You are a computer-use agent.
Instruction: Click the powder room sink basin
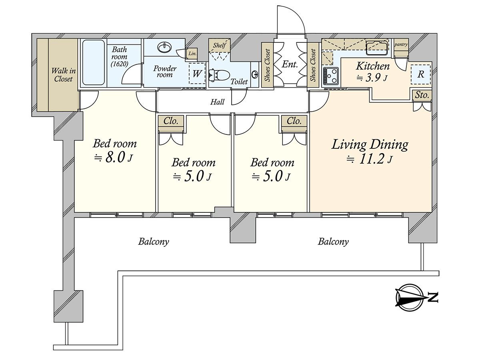click(164, 47)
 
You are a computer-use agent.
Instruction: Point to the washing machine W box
click(197, 74)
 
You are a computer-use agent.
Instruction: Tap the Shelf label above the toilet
click(220, 45)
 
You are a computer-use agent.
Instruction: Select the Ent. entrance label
click(290, 64)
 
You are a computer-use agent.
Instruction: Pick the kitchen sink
click(376, 48)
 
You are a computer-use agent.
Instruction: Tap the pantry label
click(401, 44)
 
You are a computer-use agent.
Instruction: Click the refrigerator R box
click(421, 74)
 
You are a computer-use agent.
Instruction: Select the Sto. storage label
click(422, 95)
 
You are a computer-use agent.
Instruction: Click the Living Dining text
click(370, 144)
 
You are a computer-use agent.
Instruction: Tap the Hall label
click(218, 102)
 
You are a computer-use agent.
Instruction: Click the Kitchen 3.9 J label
click(372, 71)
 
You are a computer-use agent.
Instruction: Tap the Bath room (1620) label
click(119, 56)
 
